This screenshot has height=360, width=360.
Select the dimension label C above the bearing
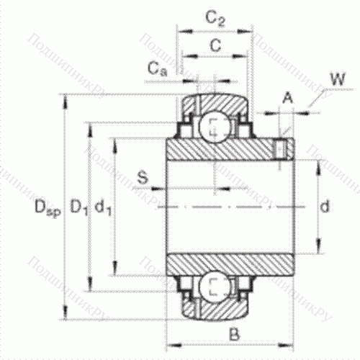point(214,45)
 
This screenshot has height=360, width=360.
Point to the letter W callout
point(335,77)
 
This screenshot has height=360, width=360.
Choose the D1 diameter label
point(78,209)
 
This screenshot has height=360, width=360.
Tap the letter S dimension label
point(143,177)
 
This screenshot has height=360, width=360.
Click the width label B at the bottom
point(233,333)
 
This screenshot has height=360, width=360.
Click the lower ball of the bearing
point(214,286)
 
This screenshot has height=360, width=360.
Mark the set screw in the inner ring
point(282,149)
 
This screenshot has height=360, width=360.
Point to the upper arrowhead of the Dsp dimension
point(67,98)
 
